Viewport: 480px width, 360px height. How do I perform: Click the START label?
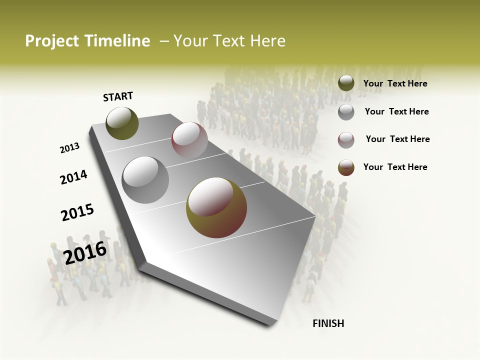click(x=118, y=96)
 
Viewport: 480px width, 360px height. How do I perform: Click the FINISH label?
click(x=328, y=323)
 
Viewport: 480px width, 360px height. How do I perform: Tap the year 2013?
click(x=69, y=148)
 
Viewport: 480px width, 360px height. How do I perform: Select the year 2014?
click(x=73, y=177)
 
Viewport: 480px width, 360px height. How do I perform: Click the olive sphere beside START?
click(x=122, y=123)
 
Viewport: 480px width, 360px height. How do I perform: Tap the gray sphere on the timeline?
click(x=145, y=179)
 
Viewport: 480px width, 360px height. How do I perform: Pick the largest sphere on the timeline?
click(x=216, y=207)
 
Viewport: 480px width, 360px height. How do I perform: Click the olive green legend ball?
click(x=346, y=83)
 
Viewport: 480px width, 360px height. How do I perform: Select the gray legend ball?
click(x=346, y=112)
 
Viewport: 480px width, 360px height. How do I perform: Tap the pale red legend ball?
click(x=346, y=139)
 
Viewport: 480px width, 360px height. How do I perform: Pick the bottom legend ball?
click(x=346, y=167)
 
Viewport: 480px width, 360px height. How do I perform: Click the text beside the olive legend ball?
click(x=395, y=83)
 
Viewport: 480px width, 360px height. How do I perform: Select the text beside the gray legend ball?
click(x=396, y=111)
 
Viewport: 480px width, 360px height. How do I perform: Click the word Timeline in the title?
click(x=118, y=41)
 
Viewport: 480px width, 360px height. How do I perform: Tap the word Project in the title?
click(x=52, y=41)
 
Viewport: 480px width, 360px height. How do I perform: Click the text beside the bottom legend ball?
click(x=395, y=167)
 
